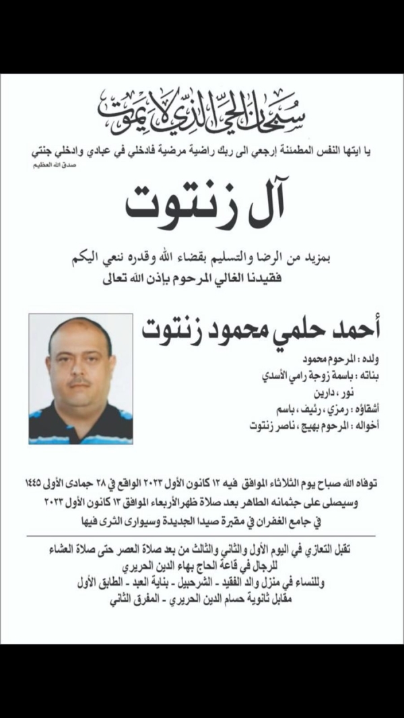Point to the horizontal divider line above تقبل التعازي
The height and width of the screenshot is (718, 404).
tap(202, 536)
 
